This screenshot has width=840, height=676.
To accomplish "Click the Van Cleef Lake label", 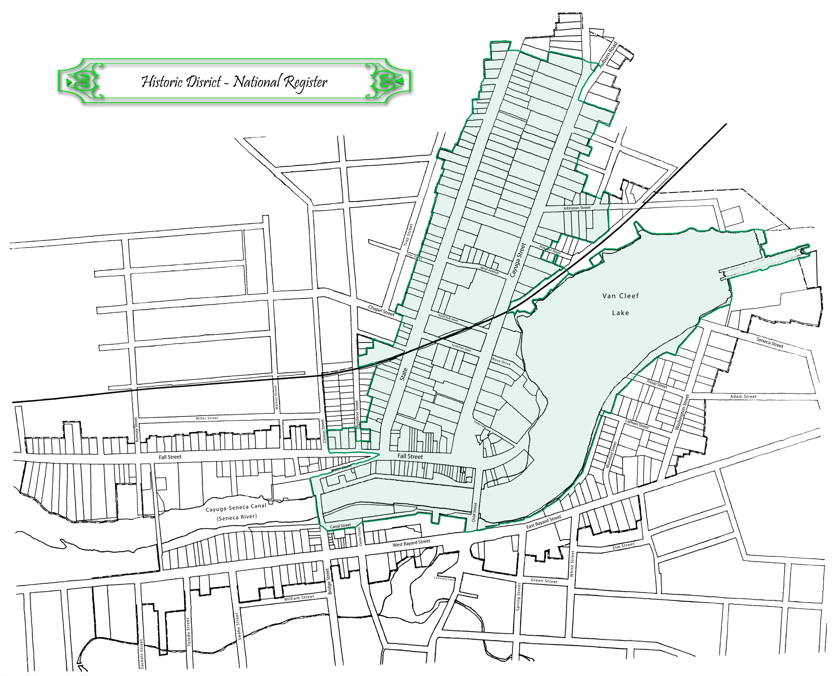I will tap(620, 304).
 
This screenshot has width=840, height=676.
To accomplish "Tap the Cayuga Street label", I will tap(518, 260).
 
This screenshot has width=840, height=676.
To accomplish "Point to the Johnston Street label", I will tap(577, 208).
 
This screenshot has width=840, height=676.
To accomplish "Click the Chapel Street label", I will tap(381, 311).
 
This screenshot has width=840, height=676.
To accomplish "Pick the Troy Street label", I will tap(408, 237).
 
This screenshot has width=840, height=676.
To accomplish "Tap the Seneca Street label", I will tap(770, 342).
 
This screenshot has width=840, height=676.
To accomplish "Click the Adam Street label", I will tap(743, 396).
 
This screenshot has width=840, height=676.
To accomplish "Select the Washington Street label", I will tap(682, 412).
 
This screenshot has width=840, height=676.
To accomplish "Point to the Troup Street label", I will tap(657, 384).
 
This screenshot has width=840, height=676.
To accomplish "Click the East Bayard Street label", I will tap(543, 522).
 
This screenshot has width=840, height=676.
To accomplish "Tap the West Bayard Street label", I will tap(411, 543).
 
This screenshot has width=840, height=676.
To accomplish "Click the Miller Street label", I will tap(207, 418).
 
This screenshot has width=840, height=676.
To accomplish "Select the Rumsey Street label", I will tap(136, 429).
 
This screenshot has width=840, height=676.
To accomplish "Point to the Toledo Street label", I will tap(189, 632).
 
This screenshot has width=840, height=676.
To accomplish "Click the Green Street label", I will tap(544, 581).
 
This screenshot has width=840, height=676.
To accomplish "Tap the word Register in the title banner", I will tap(305, 82).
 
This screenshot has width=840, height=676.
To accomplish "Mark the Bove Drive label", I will tap(501, 362).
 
